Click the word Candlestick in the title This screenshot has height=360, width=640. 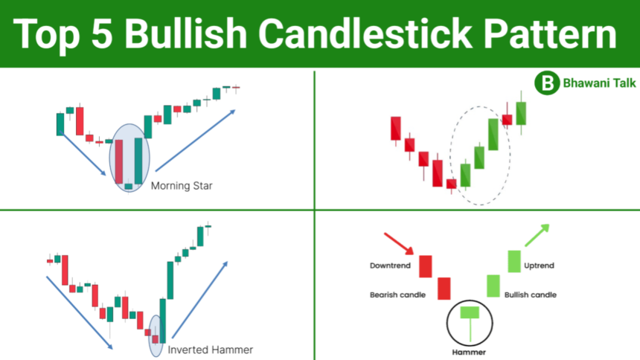[x=365, y=34]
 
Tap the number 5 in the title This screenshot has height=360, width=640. [x=102, y=34]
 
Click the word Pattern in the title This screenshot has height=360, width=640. [x=550, y=34]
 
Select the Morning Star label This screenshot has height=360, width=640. [x=182, y=186]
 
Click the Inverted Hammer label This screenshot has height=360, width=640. [x=210, y=350]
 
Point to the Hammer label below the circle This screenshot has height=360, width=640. [x=469, y=352]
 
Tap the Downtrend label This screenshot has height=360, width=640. [x=390, y=266]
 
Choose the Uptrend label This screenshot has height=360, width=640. [x=539, y=266]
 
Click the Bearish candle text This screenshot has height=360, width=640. [x=397, y=295]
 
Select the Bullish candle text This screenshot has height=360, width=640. [x=530, y=295]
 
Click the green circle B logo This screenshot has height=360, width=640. [x=547, y=83]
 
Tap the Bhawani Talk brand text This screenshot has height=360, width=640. [x=599, y=83]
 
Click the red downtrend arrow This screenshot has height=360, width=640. [x=399, y=244]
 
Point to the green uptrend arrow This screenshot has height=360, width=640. [x=537, y=235]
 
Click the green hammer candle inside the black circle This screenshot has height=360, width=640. [x=470, y=324]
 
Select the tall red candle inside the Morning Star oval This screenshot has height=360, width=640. [x=119, y=161]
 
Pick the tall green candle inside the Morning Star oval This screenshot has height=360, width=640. [x=138, y=161]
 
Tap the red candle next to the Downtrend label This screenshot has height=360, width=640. [x=426, y=266]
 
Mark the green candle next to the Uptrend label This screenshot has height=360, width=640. [x=514, y=261]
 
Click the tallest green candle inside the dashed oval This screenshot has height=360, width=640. [x=493, y=135]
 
